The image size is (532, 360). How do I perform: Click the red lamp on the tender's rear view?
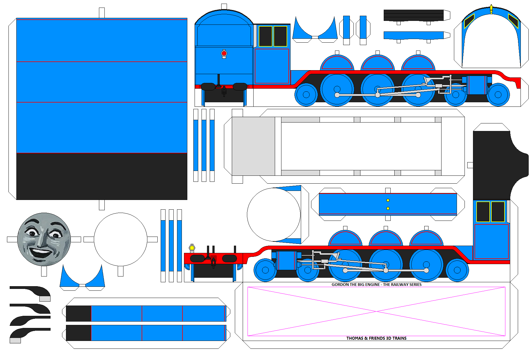pyautogui.click(x=224, y=54)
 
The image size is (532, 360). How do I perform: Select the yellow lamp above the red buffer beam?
pyautogui.click(x=192, y=248)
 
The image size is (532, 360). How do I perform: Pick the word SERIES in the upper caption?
pyautogui.click(x=414, y=285)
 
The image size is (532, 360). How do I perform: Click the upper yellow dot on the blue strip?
pyautogui.click(x=388, y=200)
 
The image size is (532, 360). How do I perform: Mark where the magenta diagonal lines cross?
pyautogui.click(x=376, y=311)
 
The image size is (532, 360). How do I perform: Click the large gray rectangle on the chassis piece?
pyautogui.click(x=253, y=146)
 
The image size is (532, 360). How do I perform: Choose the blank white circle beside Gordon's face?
pyautogui.click(x=120, y=239)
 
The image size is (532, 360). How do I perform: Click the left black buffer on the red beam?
pyautogui.click(x=197, y=259)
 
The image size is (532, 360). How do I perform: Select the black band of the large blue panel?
pyautogui.click(x=102, y=176)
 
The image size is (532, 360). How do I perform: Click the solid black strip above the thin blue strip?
pyautogui.click(x=414, y=15)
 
